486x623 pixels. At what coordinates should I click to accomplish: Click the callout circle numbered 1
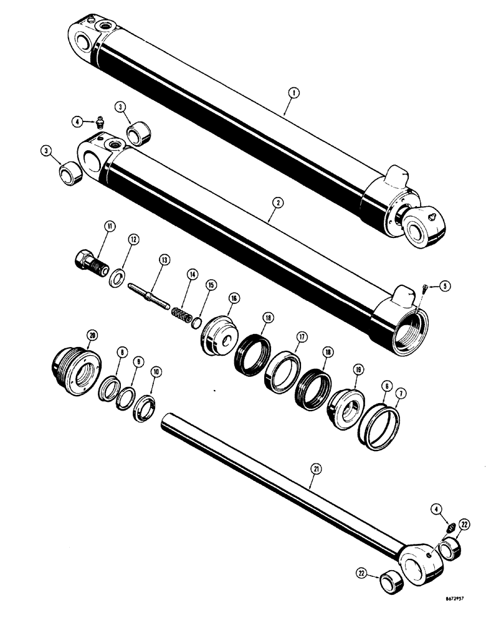click(293, 93)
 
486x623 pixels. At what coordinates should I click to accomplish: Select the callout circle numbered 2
click(277, 202)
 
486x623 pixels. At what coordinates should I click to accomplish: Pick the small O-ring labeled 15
click(196, 323)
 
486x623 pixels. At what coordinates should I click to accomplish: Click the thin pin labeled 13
click(150, 295)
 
